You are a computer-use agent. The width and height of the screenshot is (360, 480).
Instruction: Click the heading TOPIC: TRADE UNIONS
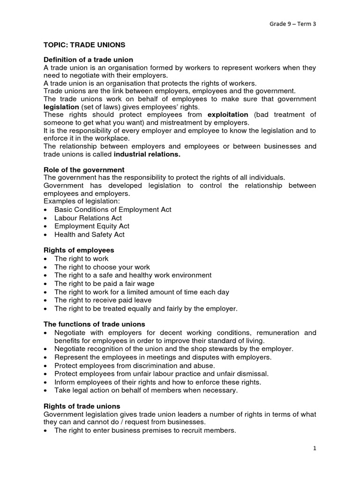click(x=84, y=45)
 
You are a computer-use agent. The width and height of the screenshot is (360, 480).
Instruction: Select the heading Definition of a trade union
click(x=88, y=60)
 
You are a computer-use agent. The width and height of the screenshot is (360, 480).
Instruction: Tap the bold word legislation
click(x=62, y=106)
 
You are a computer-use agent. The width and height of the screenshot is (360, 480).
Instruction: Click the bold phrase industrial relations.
click(x=146, y=154)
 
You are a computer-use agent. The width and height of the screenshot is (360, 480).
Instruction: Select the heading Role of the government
click(x=84, y=169)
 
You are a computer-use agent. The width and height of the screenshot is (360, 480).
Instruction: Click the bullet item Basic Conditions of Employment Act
click(x=112, y=210)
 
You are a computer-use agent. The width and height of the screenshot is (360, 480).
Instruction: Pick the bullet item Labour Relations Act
click(x=88, y=218)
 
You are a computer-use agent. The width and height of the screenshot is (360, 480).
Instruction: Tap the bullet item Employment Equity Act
click(x=91, y=226)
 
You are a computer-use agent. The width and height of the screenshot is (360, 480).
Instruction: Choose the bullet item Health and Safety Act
click(x=89, y=234)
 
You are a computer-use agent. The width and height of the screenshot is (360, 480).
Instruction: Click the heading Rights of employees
click(x=79, y=250)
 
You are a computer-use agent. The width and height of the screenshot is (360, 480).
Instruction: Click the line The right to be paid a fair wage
click(x=104, y=284)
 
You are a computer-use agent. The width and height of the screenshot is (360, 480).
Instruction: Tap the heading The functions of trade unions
click(x=94, y=324)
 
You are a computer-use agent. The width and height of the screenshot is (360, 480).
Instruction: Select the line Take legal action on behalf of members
click(x=146, y=390)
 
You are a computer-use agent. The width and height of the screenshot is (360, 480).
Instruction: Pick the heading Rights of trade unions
click(x=82, y=406)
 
